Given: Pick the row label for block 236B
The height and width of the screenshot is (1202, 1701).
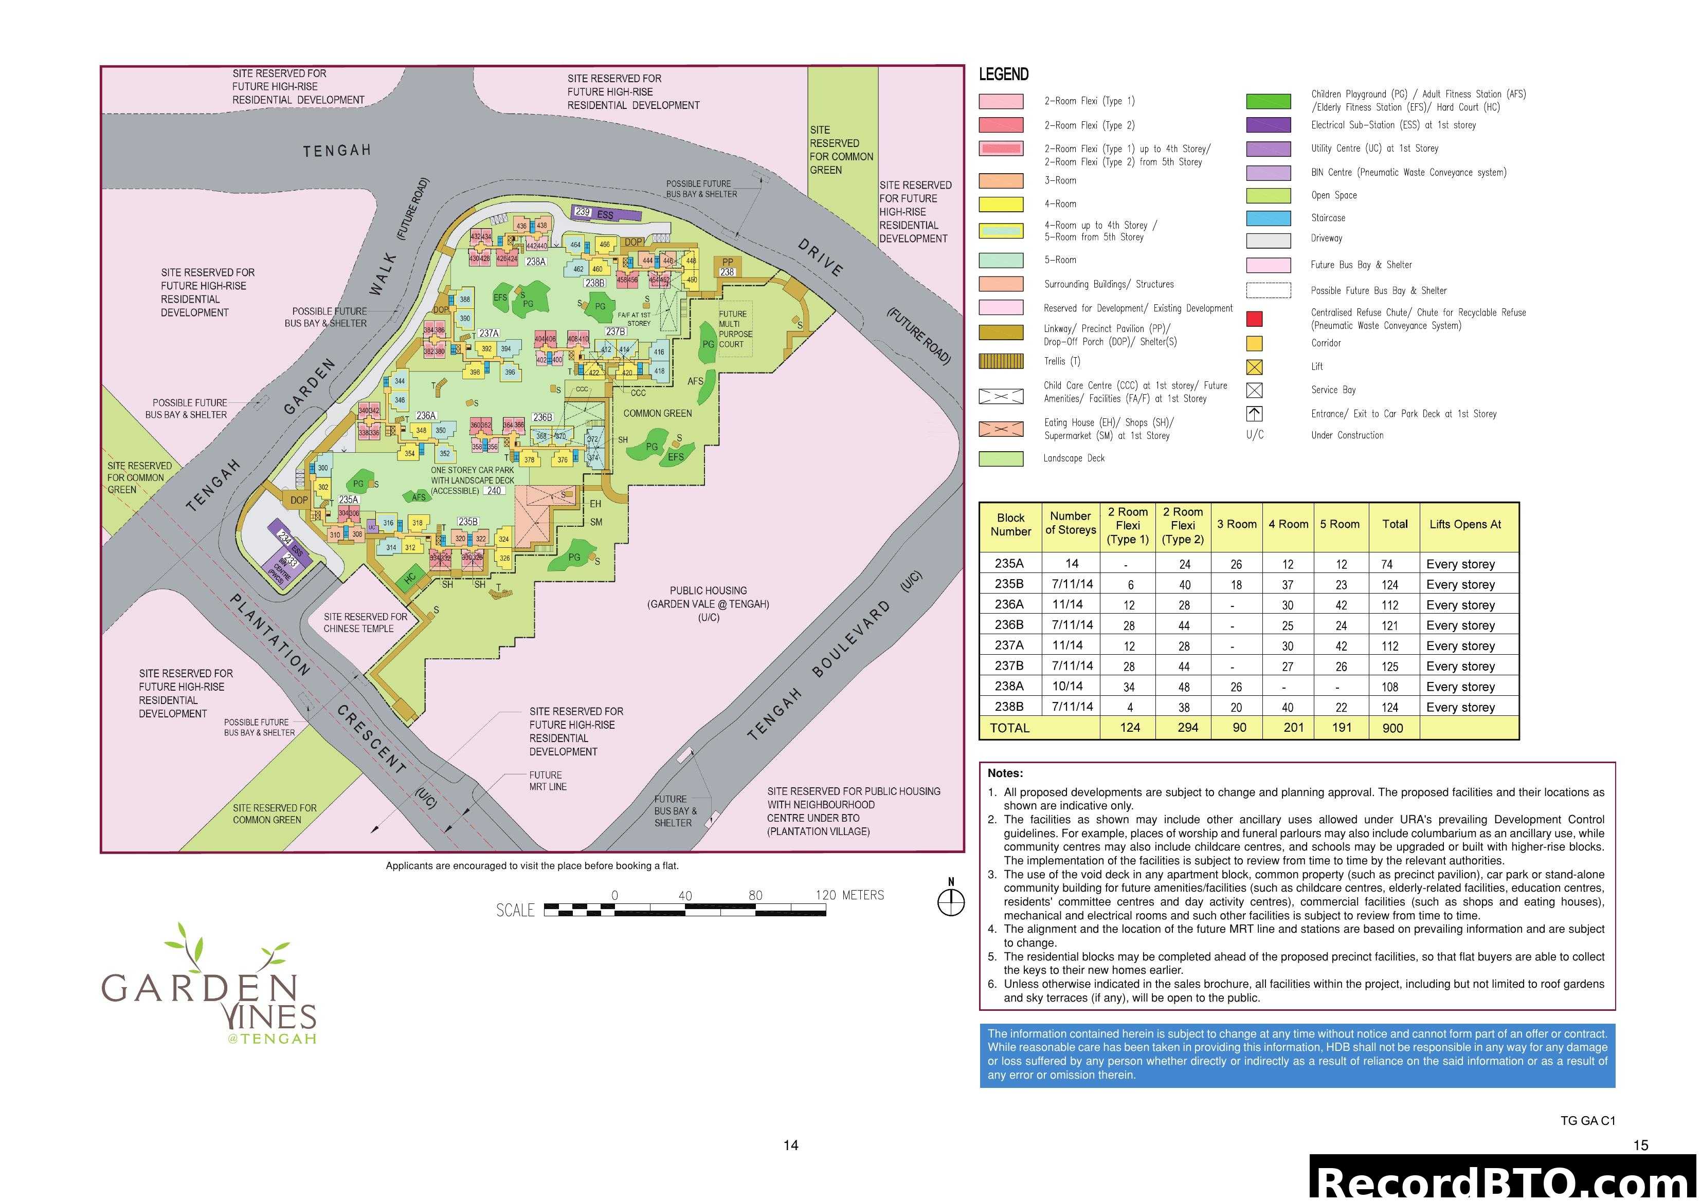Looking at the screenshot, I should click(x=1009, y=624).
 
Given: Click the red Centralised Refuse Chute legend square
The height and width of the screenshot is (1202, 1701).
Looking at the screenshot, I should click(x=1254, y=319).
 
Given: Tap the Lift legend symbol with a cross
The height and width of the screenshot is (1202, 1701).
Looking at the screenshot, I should click(x=1254, y=366).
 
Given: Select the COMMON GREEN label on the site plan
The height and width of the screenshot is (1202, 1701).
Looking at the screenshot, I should click(x=657, y=413).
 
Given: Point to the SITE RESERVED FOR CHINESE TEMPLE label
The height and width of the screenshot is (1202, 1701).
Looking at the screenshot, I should click(x=365, y=622).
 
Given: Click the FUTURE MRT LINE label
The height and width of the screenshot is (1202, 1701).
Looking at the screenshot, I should click(x=548, y=781).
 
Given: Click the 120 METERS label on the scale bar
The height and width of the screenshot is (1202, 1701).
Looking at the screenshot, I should click(x=850, y=895).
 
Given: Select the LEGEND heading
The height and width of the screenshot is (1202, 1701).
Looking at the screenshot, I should click(x=1003, y=74).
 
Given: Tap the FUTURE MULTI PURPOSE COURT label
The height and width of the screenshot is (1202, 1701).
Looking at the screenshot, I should click(x=734, y=329).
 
